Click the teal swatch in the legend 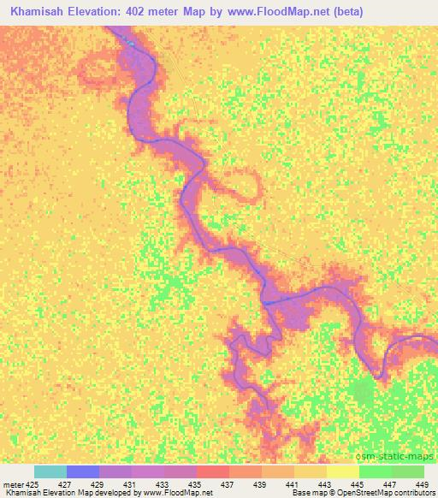pos(50,471)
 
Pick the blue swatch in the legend pos(83,471)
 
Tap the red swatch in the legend pos(213,471)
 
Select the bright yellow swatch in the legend pos(343,471)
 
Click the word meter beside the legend pos(13,483)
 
